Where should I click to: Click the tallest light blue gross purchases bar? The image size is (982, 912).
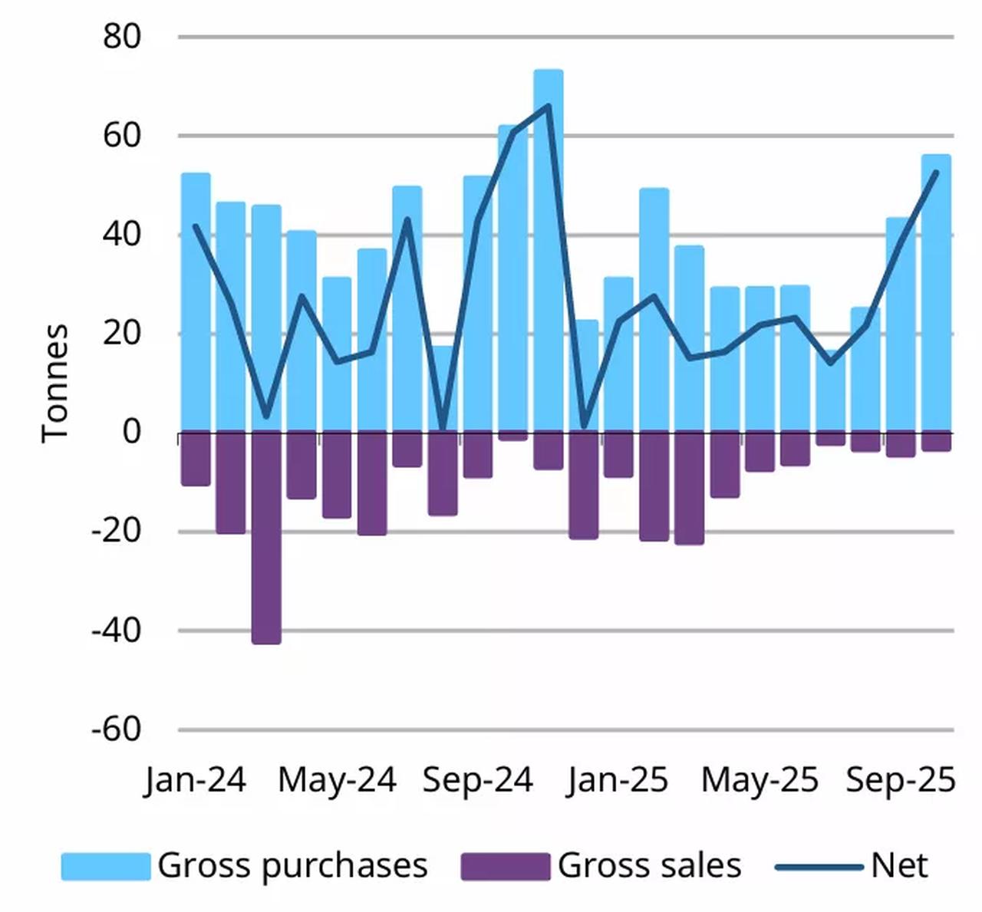coord(549,253)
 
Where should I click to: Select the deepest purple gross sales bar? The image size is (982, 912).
coord(266,537)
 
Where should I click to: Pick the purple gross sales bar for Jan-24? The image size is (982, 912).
coord(196,459)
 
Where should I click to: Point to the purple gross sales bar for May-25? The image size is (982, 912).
coord(760,452)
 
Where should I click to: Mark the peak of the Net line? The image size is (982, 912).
coord(548,105)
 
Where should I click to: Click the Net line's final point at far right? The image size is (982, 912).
coord(936,173)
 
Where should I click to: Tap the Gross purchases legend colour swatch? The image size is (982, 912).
coord(106,866)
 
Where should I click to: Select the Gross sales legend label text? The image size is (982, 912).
coord(649,866)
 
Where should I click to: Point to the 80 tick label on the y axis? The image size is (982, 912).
coord(122,37)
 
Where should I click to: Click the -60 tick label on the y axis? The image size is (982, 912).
coord(116,729)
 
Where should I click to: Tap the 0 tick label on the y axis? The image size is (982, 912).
coord(132,433)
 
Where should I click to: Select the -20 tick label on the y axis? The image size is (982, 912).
coord(116,532)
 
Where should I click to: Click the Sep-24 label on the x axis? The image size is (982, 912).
coord(477,780)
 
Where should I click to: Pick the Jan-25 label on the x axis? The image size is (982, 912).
coord(618,780)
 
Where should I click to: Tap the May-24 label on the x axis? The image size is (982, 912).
coord(337,780)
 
